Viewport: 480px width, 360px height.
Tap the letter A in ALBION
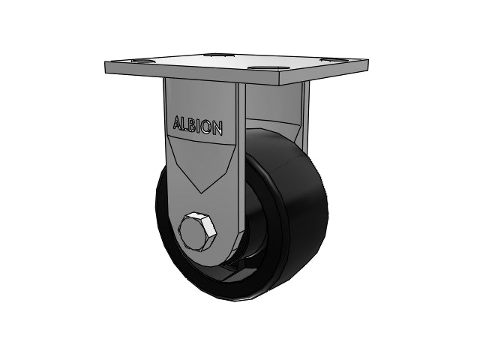click(x=178, y=123)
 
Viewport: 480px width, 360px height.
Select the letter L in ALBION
click(x=187, y=124)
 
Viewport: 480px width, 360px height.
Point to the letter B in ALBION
click(x=193, y=125)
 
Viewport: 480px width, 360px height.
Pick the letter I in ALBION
click(x=199, y=126)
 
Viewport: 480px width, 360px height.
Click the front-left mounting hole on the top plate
click(x=142, y=61)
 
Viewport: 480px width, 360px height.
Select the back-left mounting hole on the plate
click(x=217, y=55)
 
